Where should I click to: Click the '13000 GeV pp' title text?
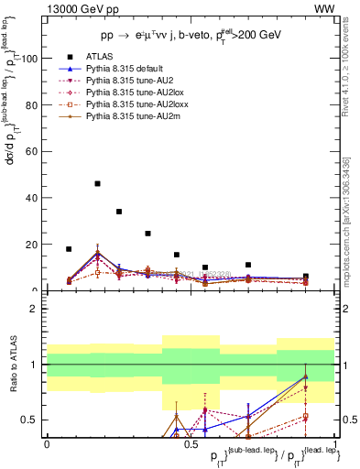[79, 7]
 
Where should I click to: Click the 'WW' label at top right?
[324, 7]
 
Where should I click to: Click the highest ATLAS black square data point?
[97, 183]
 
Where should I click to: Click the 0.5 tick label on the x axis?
[190, 443]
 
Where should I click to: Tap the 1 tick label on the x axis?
[335, 443]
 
